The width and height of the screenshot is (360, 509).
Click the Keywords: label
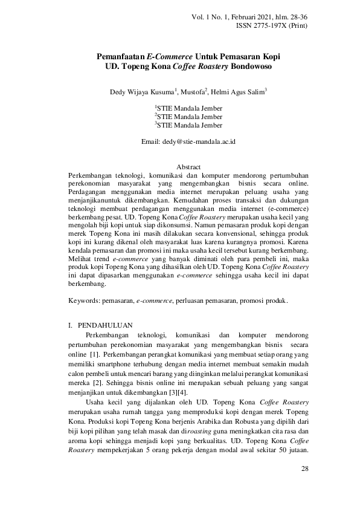tap(84, 300)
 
